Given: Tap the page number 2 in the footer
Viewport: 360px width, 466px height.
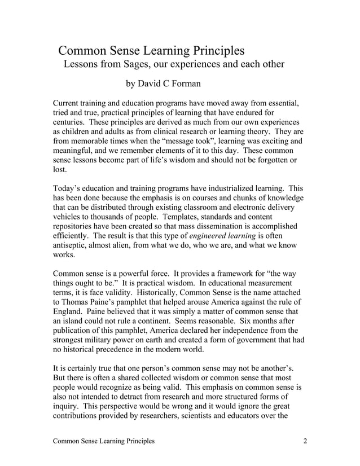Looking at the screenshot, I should (x=305, y=441).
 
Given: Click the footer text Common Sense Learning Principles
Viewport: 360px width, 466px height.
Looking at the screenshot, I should (x=103, y=441).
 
